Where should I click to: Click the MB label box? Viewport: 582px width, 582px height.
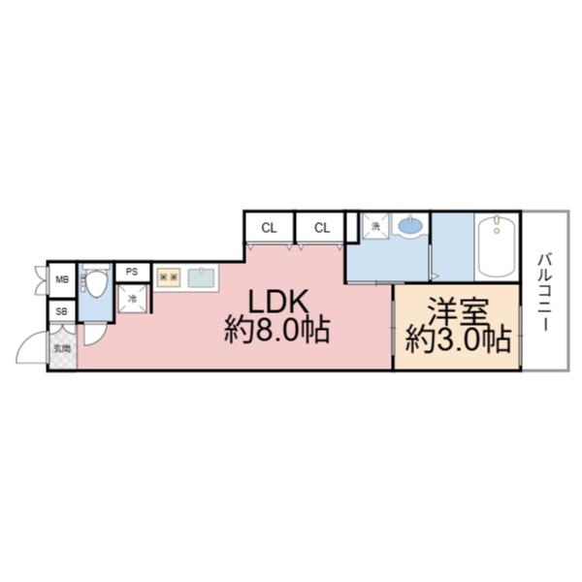62,280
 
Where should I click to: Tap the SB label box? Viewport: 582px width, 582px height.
62,312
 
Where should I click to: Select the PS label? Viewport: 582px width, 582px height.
133,272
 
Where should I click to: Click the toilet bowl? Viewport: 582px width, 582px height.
96,284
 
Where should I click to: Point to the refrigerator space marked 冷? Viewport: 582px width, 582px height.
133,299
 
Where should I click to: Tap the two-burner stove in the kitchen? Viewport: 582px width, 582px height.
169,278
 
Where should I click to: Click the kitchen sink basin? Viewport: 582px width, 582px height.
201,278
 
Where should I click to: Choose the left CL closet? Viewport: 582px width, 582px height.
269,228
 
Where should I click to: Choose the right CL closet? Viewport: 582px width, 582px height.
322,228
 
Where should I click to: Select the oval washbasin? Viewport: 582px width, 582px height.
410,227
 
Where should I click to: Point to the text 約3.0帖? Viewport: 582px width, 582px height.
458,339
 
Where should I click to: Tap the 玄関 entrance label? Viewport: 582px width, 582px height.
62,347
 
